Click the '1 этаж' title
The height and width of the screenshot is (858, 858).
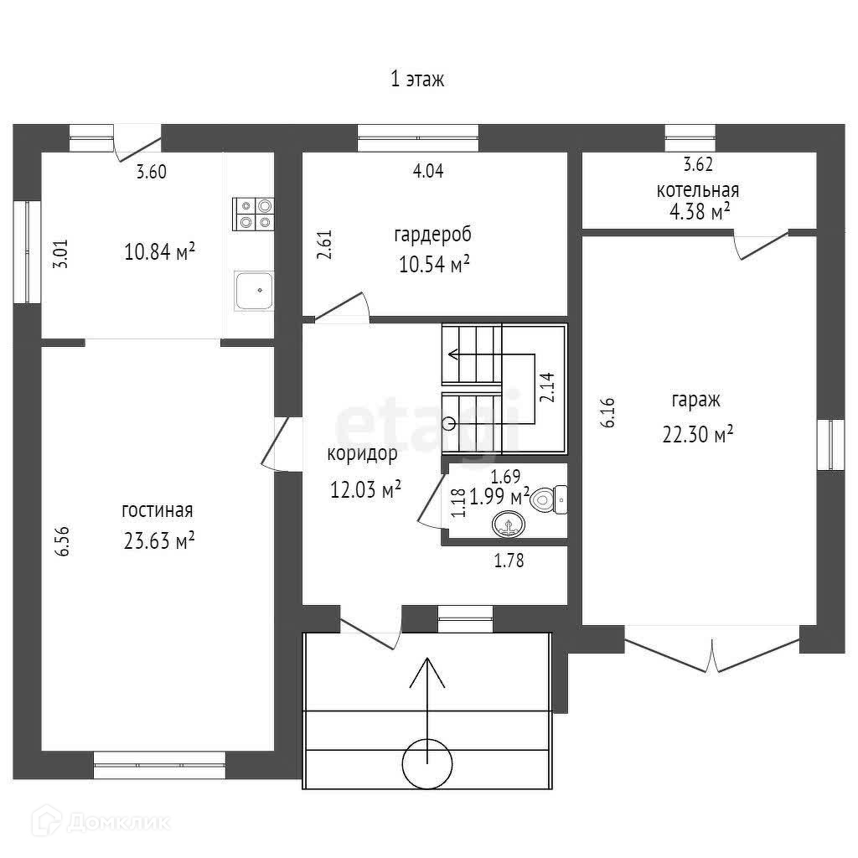416,80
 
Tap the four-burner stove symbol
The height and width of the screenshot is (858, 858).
254,213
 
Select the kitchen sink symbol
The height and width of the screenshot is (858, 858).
254,291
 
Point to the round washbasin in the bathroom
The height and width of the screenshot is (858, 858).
507,525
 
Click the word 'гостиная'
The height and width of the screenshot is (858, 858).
158,510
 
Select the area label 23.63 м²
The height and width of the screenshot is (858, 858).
159,541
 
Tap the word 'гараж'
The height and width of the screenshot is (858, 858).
695,401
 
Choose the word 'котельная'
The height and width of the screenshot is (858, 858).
697,190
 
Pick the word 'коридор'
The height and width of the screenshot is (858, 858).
362,455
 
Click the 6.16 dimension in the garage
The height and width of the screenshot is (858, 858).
609,412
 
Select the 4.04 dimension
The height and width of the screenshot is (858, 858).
428,172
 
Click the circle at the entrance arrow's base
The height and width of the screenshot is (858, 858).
427,762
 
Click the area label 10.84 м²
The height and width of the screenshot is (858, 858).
159,251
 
